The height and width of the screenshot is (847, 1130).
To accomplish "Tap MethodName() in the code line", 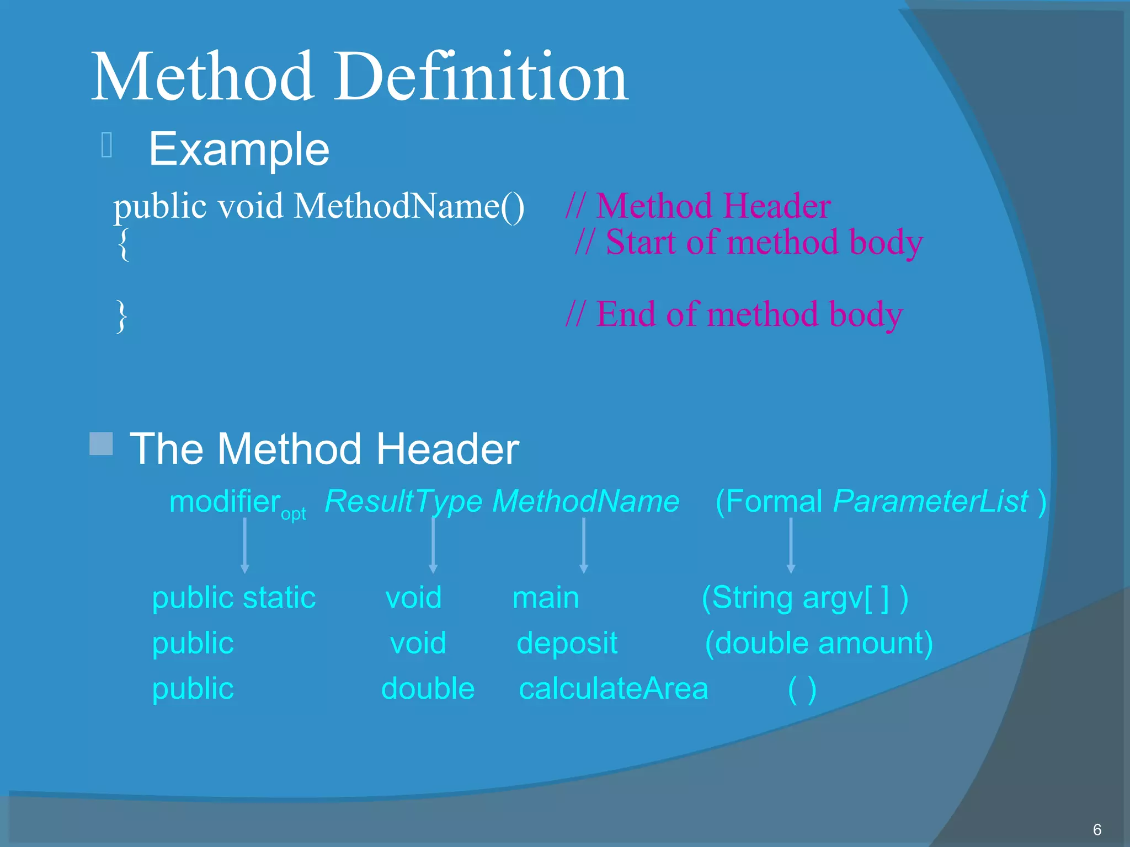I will (x=409, y=206).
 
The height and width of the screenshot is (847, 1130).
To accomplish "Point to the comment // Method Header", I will (x=699, y=206).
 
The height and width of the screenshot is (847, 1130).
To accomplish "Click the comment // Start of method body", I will (x=748, y=243).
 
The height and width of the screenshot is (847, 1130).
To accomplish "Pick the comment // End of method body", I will (x=734, y=314).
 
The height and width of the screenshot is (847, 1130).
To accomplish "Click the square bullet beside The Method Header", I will (x=102, y=444).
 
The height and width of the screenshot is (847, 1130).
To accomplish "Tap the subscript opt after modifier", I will (x=293, y=514).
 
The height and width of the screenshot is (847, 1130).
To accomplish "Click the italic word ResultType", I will (x=403, y=501).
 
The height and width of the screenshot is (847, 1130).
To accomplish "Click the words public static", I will (x=233, y=598).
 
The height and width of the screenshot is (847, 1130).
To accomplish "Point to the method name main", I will (x=546, y=598).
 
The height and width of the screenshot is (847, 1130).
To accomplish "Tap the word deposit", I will (x=567, y=644).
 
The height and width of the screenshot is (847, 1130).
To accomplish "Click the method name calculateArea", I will (x=613, y=689).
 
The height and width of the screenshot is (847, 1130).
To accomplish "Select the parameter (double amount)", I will (x=819, y=644).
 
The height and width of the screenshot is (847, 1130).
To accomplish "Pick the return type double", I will (x=428, y=689).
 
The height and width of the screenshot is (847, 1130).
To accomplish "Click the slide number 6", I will (x=1097, y=829).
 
